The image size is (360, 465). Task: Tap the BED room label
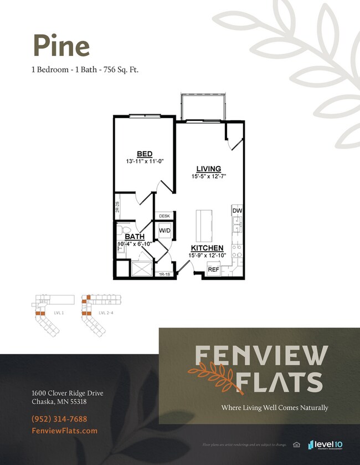145,154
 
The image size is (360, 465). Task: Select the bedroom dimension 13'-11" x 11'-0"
145,161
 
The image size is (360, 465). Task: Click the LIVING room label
208,168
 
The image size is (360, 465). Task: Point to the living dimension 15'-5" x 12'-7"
208,176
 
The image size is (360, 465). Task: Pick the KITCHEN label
207,248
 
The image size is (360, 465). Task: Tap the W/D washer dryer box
165,230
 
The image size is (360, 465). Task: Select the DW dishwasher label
237,211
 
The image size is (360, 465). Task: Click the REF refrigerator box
213,269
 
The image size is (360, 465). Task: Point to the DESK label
164,216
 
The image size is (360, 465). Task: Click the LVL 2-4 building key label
105,313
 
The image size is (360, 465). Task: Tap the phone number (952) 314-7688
59,419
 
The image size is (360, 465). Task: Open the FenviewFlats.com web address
65,431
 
